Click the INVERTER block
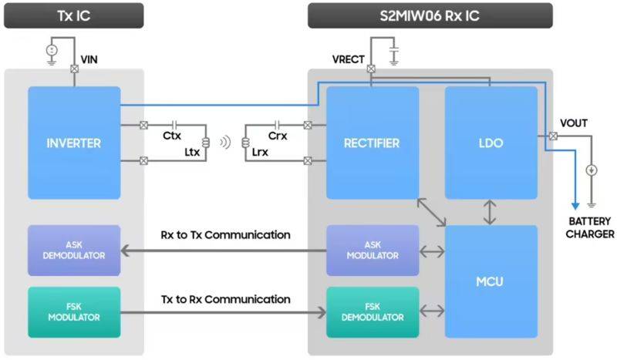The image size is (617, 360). click(74, 143)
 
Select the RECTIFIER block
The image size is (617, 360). click(372, 143)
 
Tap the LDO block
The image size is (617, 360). click(491, 143)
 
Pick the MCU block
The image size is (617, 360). click(491, 281)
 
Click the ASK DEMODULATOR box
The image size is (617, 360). click(74, 251)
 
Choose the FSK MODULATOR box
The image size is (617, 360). click(74, 312)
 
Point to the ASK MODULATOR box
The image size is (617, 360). click(372, 251)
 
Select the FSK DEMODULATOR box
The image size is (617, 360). click(372, 312)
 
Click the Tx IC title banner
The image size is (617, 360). click(73, 15)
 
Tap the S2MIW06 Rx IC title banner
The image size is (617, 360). click(430, 15)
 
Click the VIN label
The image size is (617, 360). click(89, 59)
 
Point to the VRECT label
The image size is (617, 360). click(348, 59)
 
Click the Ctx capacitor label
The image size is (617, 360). click(172, 136)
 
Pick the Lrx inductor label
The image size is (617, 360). click(260, 153)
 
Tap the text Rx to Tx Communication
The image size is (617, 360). click(225, 234)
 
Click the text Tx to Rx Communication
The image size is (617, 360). click(225, 298)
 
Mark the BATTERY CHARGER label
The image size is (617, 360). click(591, 227)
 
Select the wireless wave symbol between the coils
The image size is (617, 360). click(224, 142)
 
